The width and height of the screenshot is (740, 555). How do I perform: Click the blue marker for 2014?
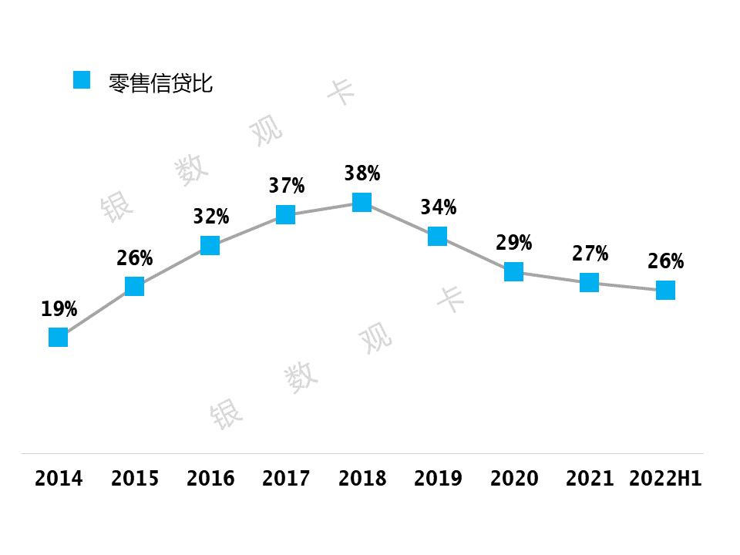pyautogui.click(x=59, y=337)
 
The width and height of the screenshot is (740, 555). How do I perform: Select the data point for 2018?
pyautogui.click(x=362, y=202)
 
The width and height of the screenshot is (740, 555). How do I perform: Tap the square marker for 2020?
pyautogui.click(x=513, y=271)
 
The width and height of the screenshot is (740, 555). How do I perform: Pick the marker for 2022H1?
pyautogui.click(x=665, y=290)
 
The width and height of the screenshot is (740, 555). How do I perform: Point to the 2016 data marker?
pyautogui.click(x=210, y=245)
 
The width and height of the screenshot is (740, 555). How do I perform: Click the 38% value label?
pyautogui.click(x=362, y=173)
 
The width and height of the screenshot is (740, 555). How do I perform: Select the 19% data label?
pyautogui.click(x=59, y=310)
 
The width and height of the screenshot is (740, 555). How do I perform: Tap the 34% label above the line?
pyautogui.click(x=438, y=207)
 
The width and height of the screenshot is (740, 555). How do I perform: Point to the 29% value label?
pyautogui.click(x=513, y=243)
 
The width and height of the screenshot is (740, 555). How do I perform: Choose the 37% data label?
pyautogui.click(x=286, y=186)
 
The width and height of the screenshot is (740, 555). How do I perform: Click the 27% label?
pyautogui.click(x=590, y=254)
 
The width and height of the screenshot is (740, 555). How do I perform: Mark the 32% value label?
pyautogui.click(x=210, y=217)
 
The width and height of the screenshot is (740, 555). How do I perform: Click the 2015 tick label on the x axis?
pyautogui.click(x=135, y=479)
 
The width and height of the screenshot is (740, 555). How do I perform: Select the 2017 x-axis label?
pyautogui.click(x=286, y=479)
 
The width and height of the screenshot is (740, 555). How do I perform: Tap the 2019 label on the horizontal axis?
pyautogui.click(x=438, y=479)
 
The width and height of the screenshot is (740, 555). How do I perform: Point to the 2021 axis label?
pyautogui.click(x=590, y=479)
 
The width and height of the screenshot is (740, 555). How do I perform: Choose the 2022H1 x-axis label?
pyautogui.click(x=665, y=479)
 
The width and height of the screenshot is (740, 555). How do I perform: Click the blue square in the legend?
pyautogui.click(x=82, y=80)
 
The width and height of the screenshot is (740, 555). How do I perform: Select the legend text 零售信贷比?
pyautogui.click(x=161, y=83)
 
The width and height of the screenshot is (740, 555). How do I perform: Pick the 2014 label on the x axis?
pyautogui.click(x=59, y=479)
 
